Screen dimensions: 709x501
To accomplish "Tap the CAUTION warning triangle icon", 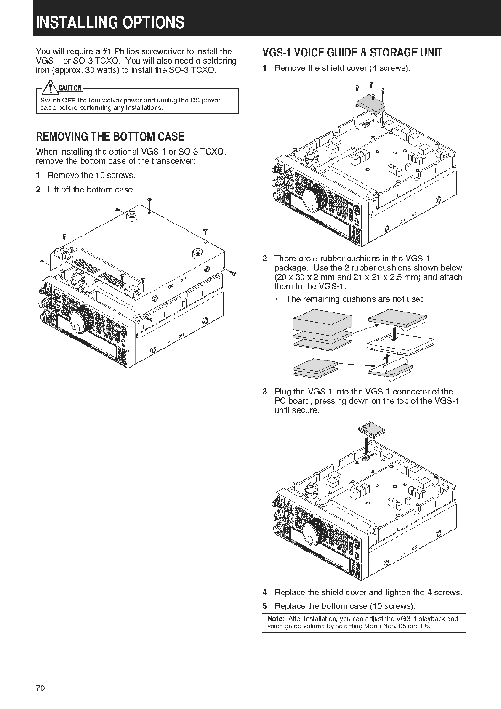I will point(51,88).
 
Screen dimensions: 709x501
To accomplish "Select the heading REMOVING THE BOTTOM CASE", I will point(110,137).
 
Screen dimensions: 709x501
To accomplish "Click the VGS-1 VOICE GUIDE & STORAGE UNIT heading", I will point(352,53).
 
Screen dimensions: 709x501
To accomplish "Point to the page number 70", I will point(40,688).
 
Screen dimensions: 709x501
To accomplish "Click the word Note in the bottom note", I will point(276,619).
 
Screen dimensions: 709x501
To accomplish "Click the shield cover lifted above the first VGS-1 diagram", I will point(371,104).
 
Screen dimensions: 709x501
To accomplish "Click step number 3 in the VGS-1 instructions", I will point(264,392).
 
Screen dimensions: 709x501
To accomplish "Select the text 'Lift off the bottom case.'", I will point(91,189).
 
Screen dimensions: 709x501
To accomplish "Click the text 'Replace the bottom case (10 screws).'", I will point(345,606).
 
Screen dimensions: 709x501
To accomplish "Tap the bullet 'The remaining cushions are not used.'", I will point(356,299).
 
